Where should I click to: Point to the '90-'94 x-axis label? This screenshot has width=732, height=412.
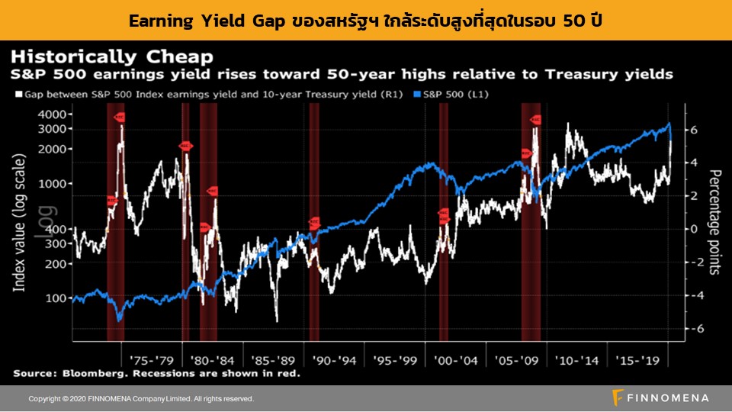(x=332, y=359)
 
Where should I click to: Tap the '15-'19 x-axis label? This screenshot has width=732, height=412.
(x=637, y=359)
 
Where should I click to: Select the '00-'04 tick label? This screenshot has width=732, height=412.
(x=454, y=359)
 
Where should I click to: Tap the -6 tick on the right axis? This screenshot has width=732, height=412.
(x=689, y=329)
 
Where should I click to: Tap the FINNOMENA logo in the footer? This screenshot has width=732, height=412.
(x=660, y=398)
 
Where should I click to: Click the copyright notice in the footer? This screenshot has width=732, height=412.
(x=141, y=398)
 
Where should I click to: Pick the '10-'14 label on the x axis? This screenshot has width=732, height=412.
(x=576, y=359)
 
